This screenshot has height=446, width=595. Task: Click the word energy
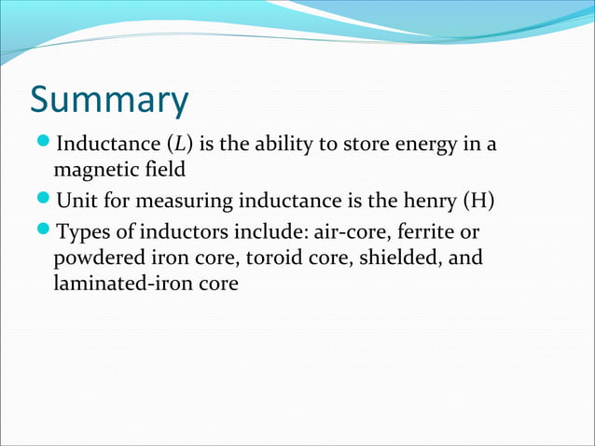426,145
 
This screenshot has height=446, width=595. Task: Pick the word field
164,171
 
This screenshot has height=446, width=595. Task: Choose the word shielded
398,257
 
